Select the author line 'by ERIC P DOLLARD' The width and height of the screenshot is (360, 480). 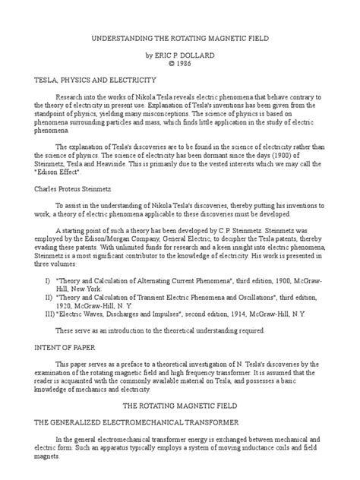point(181,55)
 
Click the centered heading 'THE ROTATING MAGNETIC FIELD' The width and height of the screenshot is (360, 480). point(181,428)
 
